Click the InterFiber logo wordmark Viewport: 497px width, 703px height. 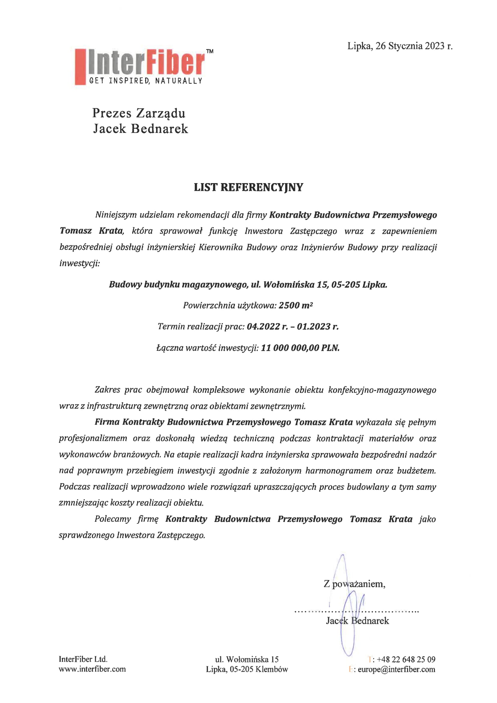(x=146, y=64)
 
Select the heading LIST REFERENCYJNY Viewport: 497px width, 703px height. (x=248, y=187)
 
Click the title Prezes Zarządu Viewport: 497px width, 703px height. (x=139, y=113)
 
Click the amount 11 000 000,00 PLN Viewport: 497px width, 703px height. (x=300, y=348)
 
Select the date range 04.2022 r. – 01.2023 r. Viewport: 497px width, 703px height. (x=293, y=327)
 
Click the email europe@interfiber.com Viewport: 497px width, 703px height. (x=396, y=669)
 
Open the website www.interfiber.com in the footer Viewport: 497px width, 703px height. (x=92, y=669)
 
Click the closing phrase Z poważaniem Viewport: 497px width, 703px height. (x=354, y=584)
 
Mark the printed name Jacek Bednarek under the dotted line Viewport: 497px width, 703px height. (x=357, y=621)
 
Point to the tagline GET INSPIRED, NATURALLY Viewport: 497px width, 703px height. (x=146, y=81)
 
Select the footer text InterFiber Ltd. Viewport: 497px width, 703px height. (x=83, y=659)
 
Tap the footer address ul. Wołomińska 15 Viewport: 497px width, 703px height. (x=247, y=659)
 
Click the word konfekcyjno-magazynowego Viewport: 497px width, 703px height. (x=382, y=390)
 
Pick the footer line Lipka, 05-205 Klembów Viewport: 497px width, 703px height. (x=247, y=669)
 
